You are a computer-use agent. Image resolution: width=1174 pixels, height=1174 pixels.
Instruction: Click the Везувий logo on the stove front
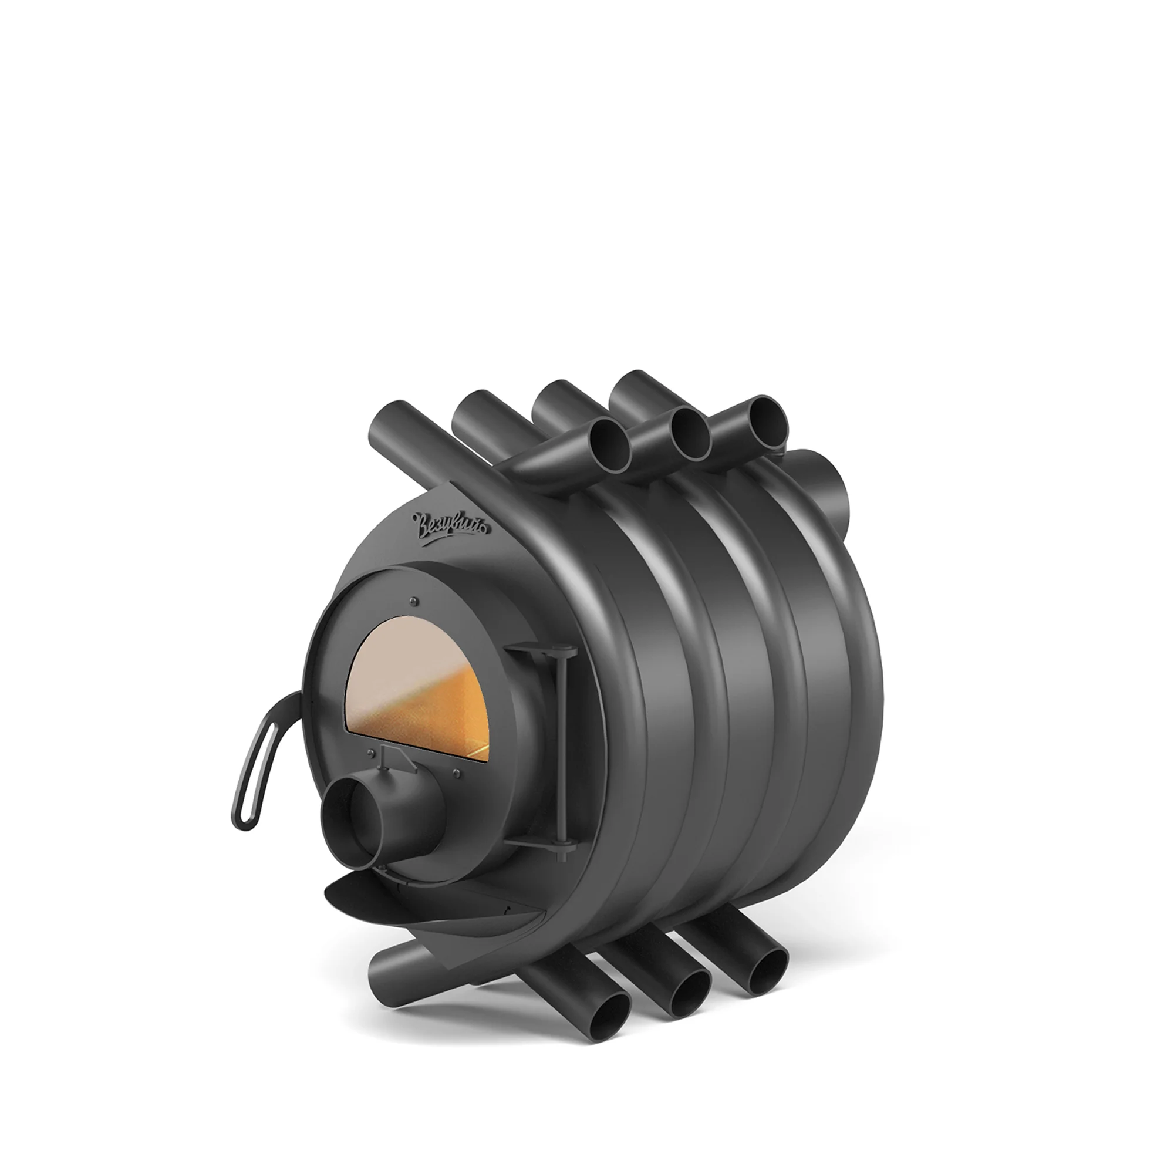[x=453, y=524]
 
